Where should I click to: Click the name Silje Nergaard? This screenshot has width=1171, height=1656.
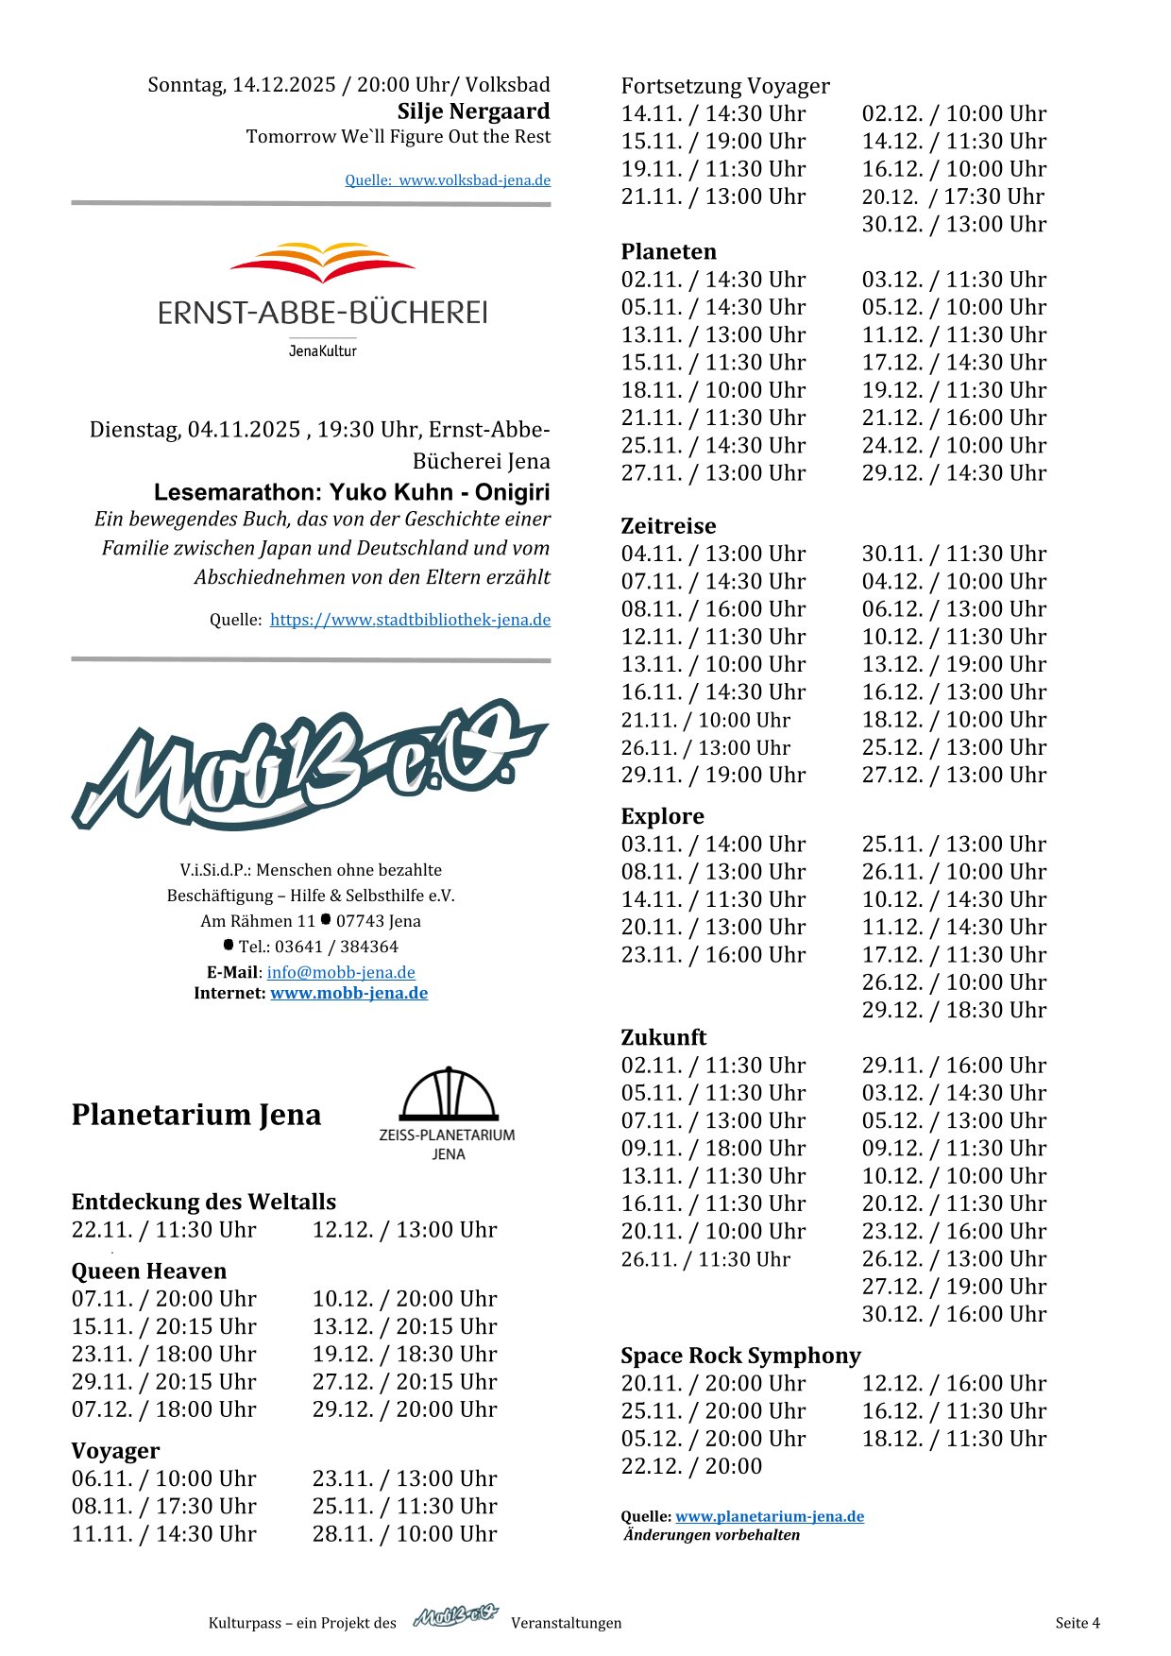(473, 111)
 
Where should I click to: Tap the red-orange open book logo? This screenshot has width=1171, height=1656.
(322, 263)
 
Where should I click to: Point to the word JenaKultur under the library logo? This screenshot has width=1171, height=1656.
(322, 351)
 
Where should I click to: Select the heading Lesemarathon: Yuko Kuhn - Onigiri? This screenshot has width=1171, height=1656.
(351, 492)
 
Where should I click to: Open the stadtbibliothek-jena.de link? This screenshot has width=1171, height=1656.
(410, 621)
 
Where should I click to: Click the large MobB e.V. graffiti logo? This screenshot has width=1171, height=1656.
(310, 763)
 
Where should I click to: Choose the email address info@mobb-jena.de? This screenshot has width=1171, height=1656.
(341, 972)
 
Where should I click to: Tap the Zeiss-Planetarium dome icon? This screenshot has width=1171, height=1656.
(448, 1095)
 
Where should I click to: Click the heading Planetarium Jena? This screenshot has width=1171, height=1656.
(196, 1115)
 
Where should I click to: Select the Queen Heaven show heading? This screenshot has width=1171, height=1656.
(149, 1272)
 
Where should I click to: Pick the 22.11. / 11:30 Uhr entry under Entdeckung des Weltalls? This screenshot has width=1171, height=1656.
(164, 1230)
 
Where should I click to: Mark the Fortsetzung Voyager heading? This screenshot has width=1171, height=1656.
(725, 86)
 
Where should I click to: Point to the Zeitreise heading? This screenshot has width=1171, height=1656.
(669, 526)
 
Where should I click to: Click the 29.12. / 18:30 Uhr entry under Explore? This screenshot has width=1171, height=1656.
(954, 1010)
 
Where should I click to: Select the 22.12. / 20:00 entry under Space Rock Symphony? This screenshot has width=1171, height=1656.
(691, 1466)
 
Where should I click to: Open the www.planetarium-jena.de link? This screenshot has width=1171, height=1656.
(770, 1516)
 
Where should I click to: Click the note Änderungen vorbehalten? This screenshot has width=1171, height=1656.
(712, 1535)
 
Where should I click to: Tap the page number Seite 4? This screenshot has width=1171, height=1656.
(1078, 1623)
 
